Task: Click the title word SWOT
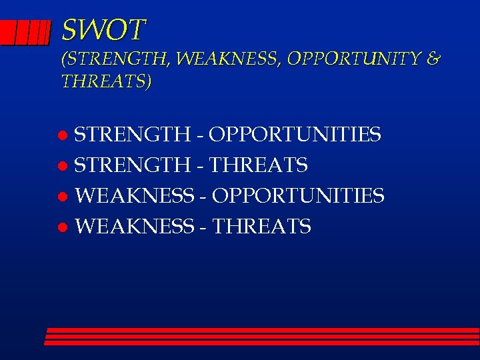click(103, 30)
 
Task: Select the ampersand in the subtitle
click(432, 60)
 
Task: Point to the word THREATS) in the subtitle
click(107, 82)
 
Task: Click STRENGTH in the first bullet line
click(132, 135)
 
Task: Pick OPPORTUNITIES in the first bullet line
click(295, 135)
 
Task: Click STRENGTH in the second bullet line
click(132, 165)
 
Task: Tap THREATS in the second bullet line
click(259, 165)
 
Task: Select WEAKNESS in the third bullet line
click(134, 196)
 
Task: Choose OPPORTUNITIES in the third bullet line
click(298, 196)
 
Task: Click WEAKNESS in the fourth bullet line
click(134, 227)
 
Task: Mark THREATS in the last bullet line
click(261, 227)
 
